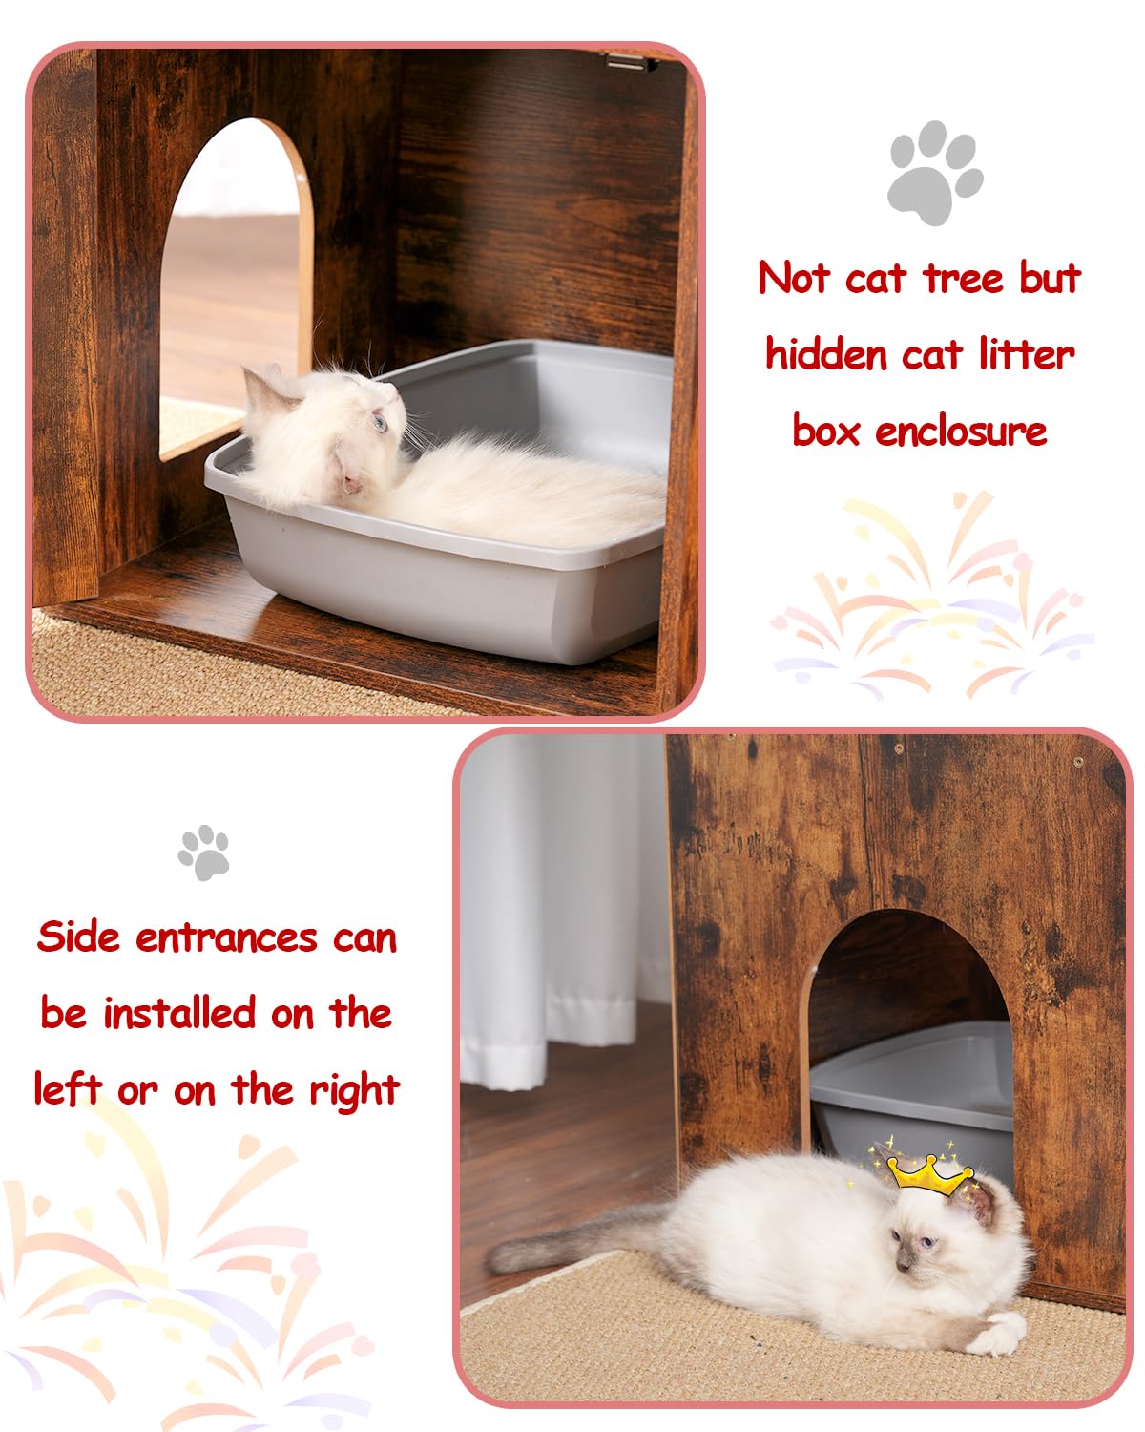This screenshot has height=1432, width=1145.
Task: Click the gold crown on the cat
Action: coord(928,1174)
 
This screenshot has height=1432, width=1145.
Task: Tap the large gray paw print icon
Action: coord(934,172)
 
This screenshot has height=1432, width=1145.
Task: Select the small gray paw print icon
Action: coord(204,852)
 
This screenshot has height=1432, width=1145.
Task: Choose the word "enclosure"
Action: coord(961,432)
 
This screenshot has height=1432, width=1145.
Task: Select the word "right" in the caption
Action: coord(354,1091)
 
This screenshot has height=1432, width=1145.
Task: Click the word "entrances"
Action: coord(226,938)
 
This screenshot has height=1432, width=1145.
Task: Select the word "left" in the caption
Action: coord(67,1089)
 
